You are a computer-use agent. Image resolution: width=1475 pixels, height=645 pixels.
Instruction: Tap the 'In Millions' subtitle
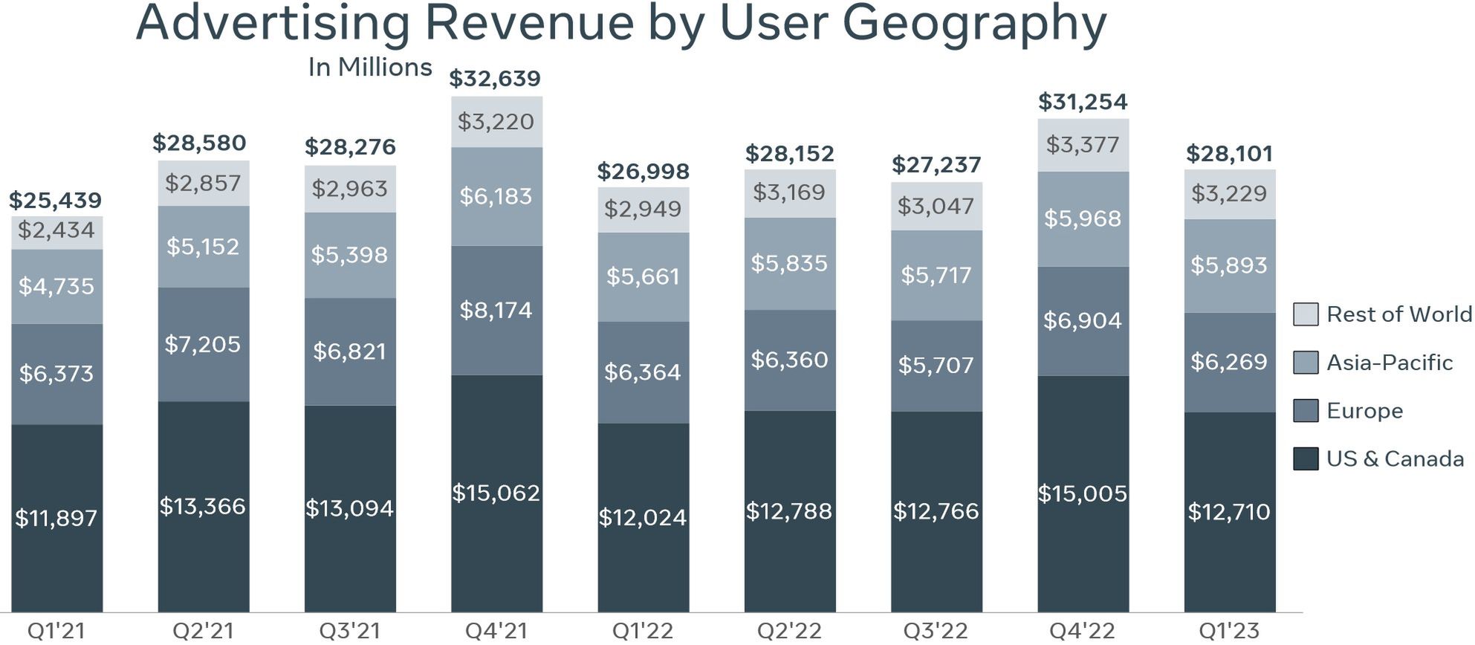370,68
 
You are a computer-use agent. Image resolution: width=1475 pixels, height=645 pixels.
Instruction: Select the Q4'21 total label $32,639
495,79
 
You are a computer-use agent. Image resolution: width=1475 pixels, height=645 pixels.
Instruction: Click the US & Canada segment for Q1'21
56,518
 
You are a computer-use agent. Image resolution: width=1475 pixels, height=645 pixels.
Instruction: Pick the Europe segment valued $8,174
496,310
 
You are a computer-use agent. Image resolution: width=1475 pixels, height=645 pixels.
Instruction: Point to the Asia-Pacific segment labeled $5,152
203,247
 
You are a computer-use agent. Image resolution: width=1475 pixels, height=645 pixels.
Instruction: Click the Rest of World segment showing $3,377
1083,145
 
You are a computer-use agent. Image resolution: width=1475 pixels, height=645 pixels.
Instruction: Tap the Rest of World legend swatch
1306,314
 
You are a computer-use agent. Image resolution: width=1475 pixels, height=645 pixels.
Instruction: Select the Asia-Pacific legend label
1390,363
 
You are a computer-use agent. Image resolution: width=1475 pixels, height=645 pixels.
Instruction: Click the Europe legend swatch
1306,411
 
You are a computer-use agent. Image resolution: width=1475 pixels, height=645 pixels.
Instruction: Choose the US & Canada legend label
1395,459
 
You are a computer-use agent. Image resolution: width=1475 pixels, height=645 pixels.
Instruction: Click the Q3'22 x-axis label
936,631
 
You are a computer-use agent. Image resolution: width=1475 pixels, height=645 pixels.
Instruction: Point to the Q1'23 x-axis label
1229,631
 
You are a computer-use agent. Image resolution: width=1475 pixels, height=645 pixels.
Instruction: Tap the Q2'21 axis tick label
203,631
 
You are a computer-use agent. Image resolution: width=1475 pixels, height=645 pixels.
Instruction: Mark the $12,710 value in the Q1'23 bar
1229,512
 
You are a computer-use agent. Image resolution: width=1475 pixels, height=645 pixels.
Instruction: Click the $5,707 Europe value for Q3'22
936,366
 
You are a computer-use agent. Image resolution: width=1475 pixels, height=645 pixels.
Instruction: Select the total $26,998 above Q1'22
644,172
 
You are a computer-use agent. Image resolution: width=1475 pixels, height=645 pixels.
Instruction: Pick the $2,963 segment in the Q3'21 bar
349,189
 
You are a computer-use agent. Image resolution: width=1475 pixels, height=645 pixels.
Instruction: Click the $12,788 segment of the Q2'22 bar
789,511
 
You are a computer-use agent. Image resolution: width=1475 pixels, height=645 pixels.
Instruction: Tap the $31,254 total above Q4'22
1083,102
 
